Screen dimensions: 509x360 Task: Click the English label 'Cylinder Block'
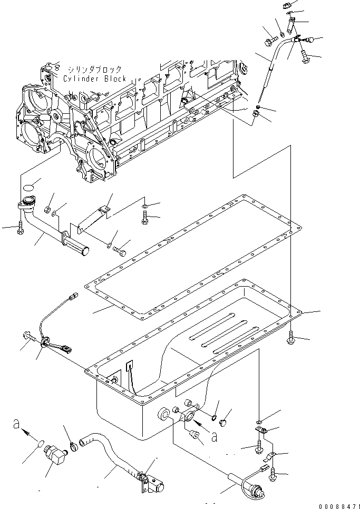coord(94,79)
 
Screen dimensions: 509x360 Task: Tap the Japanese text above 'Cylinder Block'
coord(94,69)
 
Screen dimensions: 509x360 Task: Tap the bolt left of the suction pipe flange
coord(20,228)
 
